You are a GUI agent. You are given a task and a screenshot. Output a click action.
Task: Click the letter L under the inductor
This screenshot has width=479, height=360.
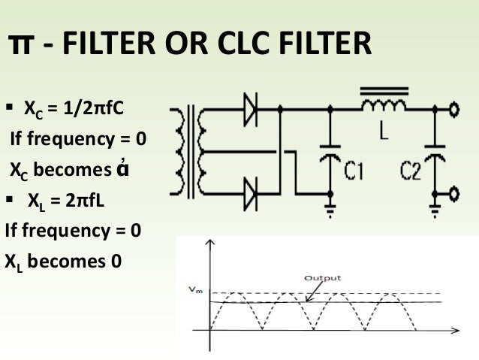[x=384, y=136]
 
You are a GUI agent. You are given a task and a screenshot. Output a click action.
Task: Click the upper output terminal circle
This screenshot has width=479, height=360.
[x=455, y=111]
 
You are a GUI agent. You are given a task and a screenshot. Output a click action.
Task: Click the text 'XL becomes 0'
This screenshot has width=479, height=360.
[x=64, y=262]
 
